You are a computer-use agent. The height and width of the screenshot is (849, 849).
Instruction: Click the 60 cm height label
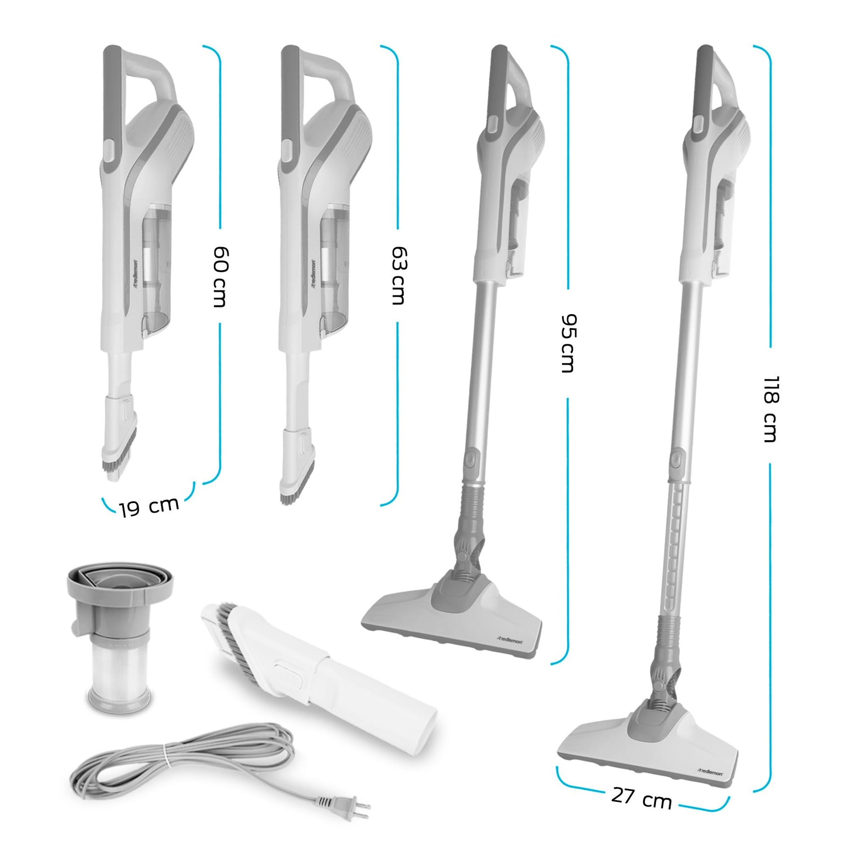click(220, 277)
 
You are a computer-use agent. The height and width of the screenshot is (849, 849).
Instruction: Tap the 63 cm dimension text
click(399, 276)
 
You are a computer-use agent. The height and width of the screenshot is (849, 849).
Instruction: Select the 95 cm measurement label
click(568, 343)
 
